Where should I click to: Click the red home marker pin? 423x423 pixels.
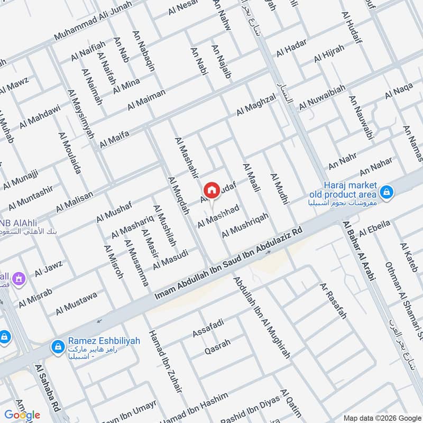click(212, 189)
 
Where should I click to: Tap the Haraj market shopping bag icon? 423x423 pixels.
click(387, 192)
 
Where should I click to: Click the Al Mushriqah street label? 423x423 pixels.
click(245, 225)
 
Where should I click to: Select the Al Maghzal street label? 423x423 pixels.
click(256, 105)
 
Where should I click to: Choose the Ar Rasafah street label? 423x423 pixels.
click(333, 301)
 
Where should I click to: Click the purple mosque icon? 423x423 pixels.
click(20, 278)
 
